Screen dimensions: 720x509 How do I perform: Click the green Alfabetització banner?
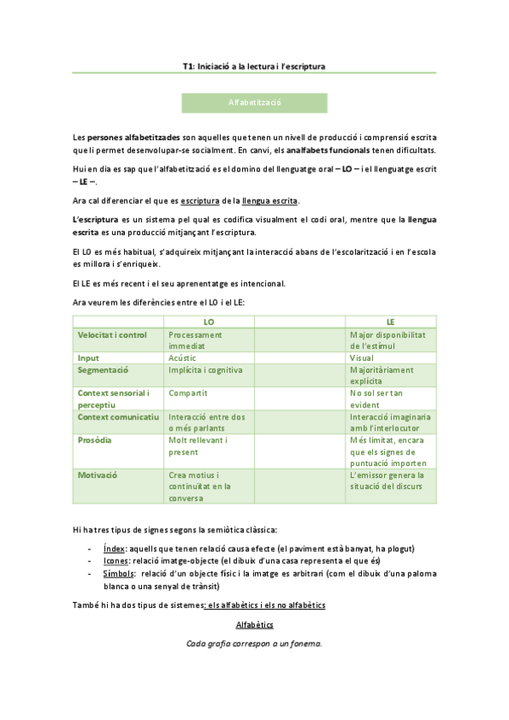point(254,103)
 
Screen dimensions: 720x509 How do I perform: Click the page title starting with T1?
point(254,65)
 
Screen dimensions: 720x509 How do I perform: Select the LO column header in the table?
point(208,322)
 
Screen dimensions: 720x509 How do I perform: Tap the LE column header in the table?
point(390,322)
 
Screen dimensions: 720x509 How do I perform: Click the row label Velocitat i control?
point(112,335)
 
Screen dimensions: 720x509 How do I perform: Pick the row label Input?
point(88,358)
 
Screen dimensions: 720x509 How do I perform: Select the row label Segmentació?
point(103,370)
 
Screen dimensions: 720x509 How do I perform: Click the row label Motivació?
point(99,475)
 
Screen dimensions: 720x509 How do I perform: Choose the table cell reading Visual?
point(361,358)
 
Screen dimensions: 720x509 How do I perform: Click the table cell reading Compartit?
point(188,393)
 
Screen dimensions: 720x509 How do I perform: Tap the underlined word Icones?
point(116,560)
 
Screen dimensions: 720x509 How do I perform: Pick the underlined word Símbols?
point(118,573)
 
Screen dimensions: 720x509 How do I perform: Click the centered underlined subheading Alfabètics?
point(254,625)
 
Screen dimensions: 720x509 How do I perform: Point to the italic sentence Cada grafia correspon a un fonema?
point(254,644)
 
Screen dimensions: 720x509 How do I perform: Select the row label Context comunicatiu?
point(118,417)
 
